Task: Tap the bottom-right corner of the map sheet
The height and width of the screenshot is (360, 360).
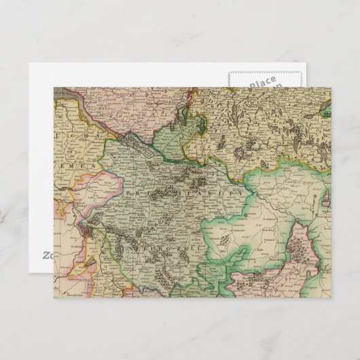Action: [331, 304]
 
